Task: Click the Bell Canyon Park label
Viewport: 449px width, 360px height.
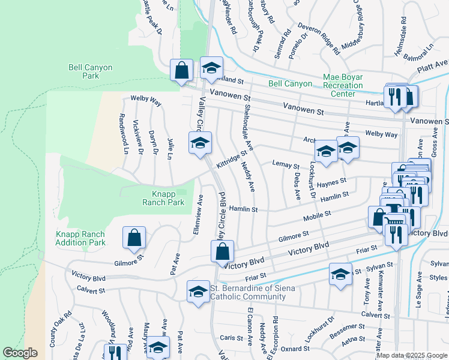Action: (x=91, y=72)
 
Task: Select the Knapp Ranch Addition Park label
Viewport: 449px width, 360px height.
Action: (x=80, y=238)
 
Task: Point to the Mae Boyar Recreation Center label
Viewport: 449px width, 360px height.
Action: (x=343, y=85)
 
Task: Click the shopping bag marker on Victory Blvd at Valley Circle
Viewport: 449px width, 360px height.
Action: (x=221, y=250)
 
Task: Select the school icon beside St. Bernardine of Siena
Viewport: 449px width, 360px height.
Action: (x=197, y=292)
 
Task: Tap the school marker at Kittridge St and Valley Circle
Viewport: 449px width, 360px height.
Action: (x=200, y=142)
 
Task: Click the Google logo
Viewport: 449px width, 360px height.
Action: (x=20, y=353)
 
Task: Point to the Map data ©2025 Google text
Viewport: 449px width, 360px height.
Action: (x=411, y=355)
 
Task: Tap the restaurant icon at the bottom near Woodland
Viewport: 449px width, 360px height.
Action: (x=112, y=353)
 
